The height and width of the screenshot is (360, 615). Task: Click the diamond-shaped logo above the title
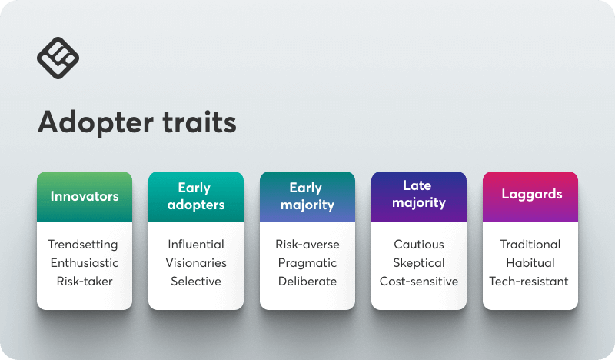[58, 58]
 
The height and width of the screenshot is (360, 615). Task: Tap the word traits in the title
[199, 122]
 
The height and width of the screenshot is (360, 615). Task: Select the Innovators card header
[85, 196]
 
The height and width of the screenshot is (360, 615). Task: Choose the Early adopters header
[196, 196]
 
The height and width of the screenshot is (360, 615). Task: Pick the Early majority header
[307, 196]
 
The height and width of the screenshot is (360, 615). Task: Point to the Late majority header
[419, 196]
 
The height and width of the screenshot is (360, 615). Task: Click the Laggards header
[530, 196]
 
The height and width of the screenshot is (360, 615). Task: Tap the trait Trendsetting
[83, 245]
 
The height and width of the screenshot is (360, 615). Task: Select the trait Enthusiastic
[85, 262]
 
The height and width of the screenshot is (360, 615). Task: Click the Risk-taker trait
[85, 281]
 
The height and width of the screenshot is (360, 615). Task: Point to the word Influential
[196, 244]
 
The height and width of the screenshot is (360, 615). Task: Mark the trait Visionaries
[196, 262]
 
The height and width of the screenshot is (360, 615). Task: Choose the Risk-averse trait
[307, 244]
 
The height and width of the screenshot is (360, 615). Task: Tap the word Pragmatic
[307, 263]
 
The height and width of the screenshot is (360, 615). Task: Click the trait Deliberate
[307, 281]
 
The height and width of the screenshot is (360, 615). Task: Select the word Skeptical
[419, 263]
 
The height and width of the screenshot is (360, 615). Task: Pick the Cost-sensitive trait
[419, 281]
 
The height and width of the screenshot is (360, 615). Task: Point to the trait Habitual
[530, 262]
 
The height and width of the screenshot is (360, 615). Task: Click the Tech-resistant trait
[529, 281]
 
